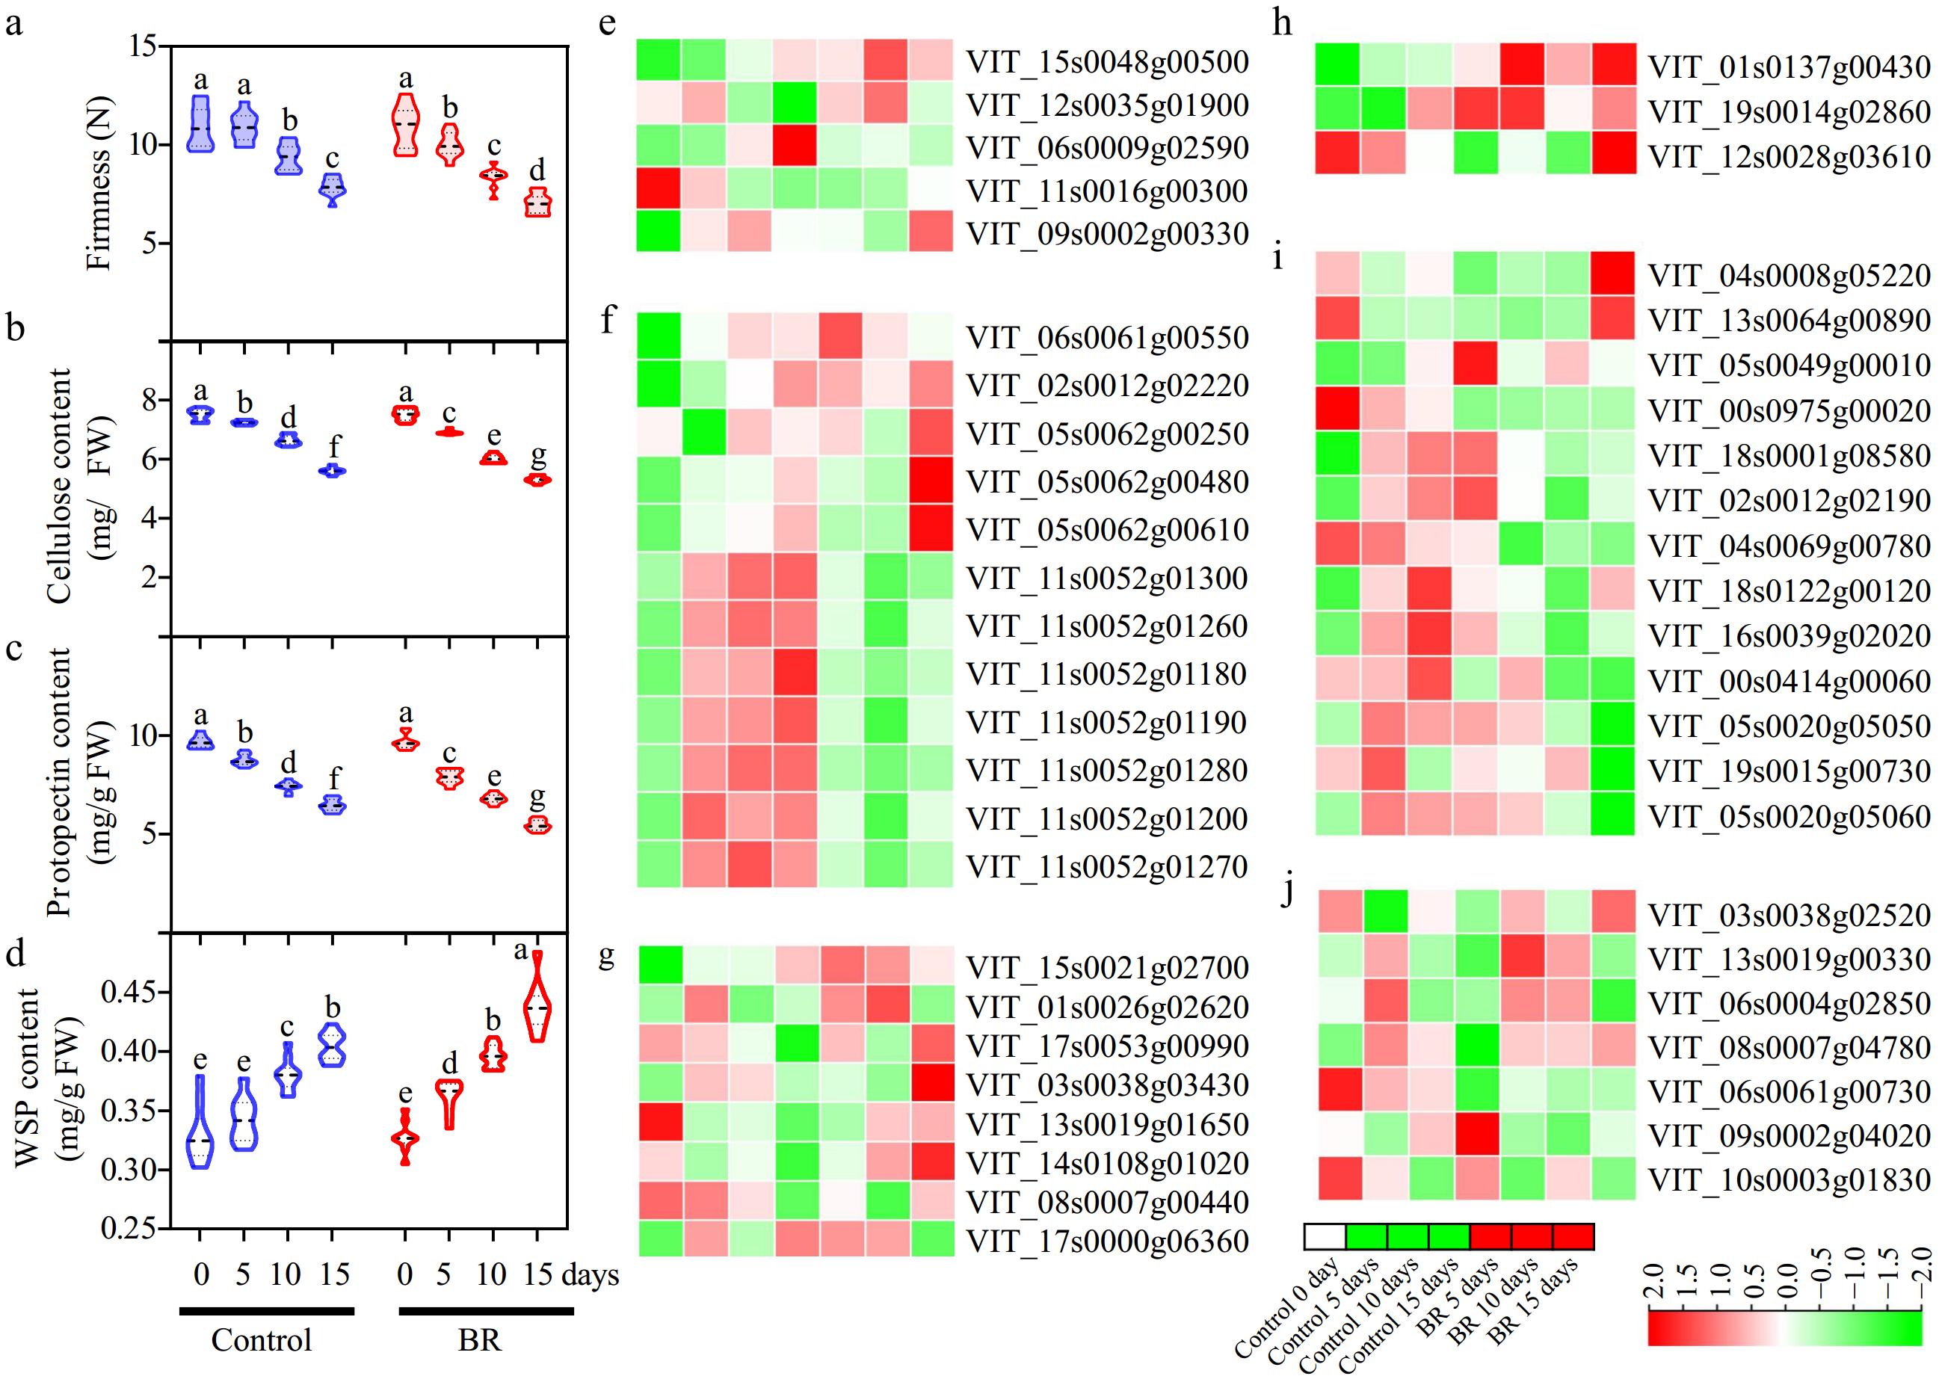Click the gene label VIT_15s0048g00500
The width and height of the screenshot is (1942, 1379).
pos(1107,62)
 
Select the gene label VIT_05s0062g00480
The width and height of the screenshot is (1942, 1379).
pos(1107,482)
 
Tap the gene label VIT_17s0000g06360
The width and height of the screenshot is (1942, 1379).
pos(1107,1241)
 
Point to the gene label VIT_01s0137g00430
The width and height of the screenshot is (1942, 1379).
pos(1790,67)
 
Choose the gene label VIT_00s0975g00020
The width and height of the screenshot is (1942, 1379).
pos(1790,411)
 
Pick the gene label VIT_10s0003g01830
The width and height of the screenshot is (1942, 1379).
pos(1790,1179)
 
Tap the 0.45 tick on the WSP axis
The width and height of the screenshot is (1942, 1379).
pos(129,992)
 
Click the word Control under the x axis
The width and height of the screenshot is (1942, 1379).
pos(262,1340)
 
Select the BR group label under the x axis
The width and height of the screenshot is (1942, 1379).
pos(480,1340)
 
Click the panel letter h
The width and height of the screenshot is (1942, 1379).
pos(1282,23)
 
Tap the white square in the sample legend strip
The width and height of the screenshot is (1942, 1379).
pos(1325,1236)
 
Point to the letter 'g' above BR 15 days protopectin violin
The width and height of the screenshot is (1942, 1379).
pos(537,796)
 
